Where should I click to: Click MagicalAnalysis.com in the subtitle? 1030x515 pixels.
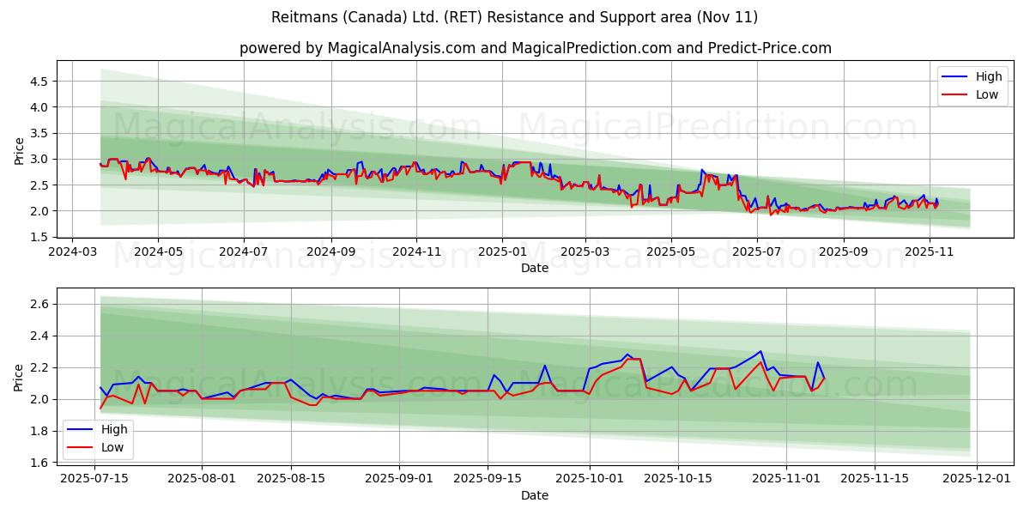tap(401, 48)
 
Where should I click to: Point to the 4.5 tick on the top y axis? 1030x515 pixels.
tap(39, 82)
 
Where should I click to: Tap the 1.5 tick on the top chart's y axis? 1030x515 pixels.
tap(39, 237)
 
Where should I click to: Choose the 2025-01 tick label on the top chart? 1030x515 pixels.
tap(501, 252)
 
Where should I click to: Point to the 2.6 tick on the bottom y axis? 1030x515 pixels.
tap(39, 304)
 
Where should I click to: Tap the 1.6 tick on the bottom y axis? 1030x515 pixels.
tap(39, 463)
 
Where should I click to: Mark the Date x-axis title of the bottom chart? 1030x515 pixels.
tap(534, 495)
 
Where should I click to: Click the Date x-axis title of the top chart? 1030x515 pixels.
tap(534, 268)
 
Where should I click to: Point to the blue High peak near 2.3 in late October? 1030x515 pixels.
tap(760, 350)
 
